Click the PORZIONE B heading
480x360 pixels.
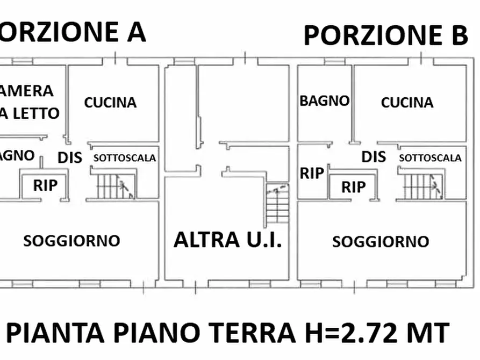pos(385,36)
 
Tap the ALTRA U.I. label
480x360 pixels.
pos(227,240)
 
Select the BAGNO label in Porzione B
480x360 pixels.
pos(324,100)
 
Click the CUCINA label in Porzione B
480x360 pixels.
pos(407,102)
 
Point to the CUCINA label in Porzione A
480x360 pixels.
pos(110,102)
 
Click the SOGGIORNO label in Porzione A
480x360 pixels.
pos(71,240)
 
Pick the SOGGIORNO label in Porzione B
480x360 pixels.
pos(380,242)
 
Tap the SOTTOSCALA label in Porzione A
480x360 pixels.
pos(125,158)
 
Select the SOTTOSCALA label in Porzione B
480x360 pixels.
pos(430,158)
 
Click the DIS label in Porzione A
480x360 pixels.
pos(70,157)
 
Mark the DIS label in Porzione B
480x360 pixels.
pos(374,157)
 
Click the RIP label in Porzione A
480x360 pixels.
pos(45,185)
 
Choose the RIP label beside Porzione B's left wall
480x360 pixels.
pos(312,173)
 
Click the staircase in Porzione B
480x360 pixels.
pos(422,186)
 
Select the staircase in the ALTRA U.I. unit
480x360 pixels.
pos(277,205)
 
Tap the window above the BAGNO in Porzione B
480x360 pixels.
pos(334,62)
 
